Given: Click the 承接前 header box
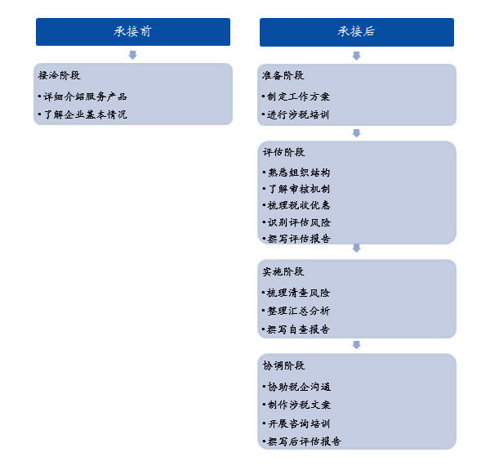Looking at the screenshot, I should click(133, 32).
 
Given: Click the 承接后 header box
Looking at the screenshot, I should click(356, 32).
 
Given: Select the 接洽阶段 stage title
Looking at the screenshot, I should click(60, 75).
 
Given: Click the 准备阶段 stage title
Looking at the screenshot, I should click(283, 75).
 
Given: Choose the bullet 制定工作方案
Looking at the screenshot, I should click(297, 96).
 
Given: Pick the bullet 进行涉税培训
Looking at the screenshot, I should click(297, 114).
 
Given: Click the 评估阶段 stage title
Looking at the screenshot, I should click(283, 152).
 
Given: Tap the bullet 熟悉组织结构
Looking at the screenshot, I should click(297, 173).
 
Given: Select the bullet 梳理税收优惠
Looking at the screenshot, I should click(297, 205).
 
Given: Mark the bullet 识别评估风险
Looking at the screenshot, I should click(297, 222).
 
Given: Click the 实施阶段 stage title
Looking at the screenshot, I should click(283, 271).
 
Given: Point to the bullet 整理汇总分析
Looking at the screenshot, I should click(297, 311).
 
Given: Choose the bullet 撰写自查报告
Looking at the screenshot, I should click(297, 329).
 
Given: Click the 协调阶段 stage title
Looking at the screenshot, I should click(283, 365).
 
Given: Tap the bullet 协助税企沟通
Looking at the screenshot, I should click(297, 386).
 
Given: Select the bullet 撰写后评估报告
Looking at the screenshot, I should click(303, 441).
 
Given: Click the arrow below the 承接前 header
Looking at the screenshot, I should click(133, 55).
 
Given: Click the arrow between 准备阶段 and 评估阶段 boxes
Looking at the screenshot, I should click(356, 132).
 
